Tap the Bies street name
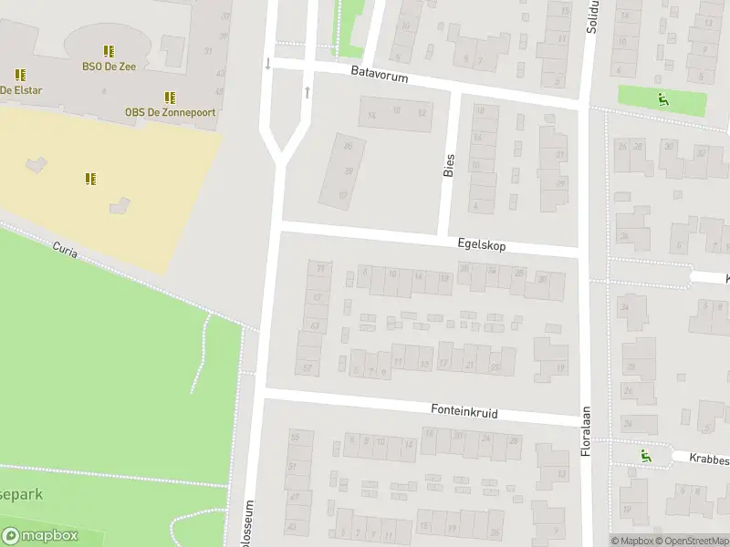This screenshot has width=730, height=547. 449,163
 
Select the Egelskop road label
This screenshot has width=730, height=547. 482,246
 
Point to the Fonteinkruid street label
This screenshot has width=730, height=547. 464,412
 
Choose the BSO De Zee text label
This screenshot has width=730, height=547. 108,66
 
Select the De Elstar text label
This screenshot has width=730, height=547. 20,89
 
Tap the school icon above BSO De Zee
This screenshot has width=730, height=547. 109,51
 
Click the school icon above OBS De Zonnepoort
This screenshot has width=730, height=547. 169,98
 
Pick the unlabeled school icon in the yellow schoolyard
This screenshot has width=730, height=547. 90,178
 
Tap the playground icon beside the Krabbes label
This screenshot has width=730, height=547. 646,455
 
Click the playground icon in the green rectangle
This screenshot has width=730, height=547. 663,99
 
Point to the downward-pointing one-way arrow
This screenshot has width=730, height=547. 267,64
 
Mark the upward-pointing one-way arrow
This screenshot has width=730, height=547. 308,92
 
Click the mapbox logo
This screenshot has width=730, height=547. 40,536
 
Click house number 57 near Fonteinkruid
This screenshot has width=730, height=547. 308,367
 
